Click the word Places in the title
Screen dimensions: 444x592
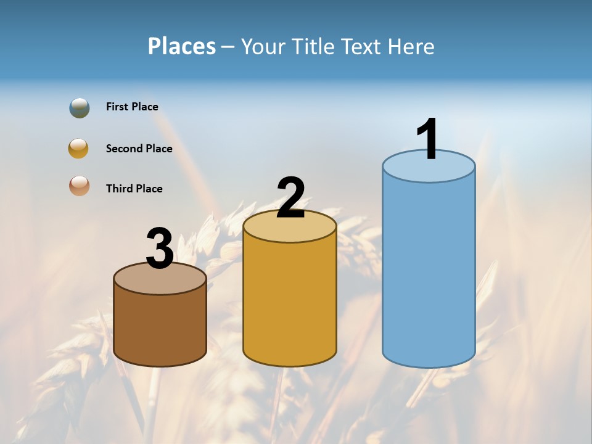(x=182, y=46)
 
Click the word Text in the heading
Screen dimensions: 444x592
(x=362, y=46)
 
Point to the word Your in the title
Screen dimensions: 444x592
(x=263, y=46)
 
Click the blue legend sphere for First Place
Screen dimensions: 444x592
(x=80, y=108)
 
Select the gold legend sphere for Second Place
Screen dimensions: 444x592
(x=78, y=149)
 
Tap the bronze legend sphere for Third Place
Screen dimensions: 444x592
(x=79, y=186)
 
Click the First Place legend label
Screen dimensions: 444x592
(x=132, y=107)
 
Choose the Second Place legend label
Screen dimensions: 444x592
(x=139, y=149)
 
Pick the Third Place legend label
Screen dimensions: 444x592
(x=134, y=189)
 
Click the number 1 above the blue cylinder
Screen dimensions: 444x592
(x=427, y=139)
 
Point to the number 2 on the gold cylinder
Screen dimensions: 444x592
(x=290, y=198)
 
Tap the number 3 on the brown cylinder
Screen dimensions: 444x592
(x=160, y=249)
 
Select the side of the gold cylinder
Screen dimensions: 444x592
(x=290, y=302)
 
